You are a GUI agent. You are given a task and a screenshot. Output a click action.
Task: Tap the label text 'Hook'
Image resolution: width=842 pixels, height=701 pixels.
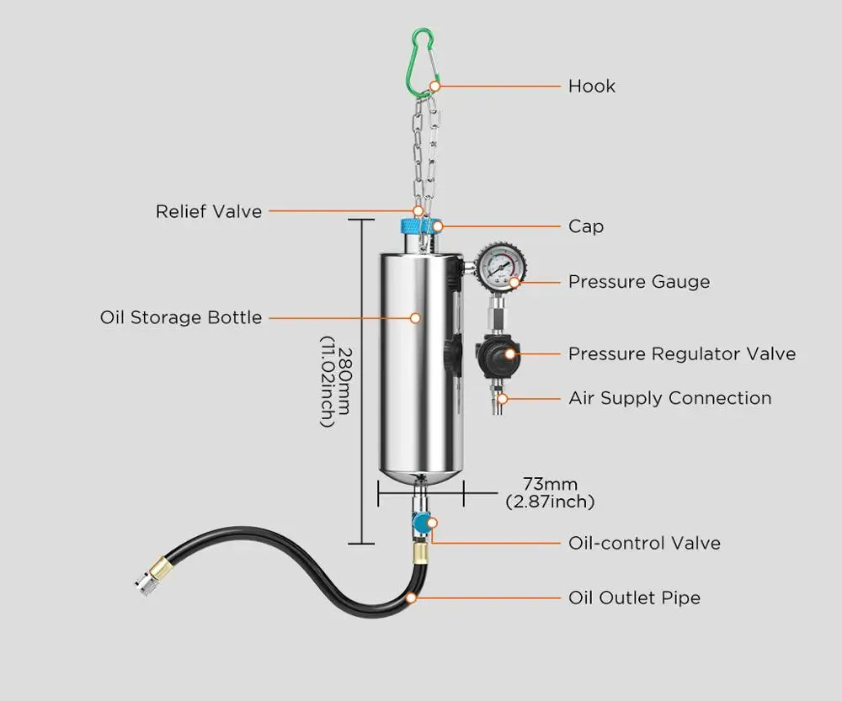(591, 86)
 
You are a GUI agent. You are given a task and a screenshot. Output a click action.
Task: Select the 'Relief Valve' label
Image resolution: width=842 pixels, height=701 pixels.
(209, 211)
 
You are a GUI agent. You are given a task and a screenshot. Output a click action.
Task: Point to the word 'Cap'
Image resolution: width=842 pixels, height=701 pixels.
(585, 226)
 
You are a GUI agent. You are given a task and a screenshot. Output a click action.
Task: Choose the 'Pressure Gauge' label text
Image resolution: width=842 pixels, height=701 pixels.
(638, 282)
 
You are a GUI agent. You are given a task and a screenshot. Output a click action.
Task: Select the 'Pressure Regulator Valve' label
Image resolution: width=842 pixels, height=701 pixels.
(681, 353)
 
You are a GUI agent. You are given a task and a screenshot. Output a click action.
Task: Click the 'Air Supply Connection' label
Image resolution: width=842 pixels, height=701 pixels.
(669, 398)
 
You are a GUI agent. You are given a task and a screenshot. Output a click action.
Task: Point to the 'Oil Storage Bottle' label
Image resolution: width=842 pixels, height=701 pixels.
(181, 317)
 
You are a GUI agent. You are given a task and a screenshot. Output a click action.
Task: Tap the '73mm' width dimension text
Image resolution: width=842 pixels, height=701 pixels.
(550, 484)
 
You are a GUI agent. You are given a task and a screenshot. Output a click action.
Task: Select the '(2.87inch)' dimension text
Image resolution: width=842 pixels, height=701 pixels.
(550, 502)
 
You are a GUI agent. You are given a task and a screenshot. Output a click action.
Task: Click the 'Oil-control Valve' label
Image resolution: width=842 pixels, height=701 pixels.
(644, 543)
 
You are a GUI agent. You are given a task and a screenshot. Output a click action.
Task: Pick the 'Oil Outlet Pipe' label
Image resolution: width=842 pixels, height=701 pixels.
(634, 598)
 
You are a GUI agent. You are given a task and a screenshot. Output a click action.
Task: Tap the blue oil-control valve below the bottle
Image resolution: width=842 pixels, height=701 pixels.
(419, 523)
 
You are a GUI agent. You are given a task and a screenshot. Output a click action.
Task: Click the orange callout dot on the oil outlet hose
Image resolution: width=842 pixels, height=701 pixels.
(411, 598)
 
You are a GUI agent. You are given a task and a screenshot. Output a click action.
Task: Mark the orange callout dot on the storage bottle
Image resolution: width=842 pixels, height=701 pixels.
(415, 318)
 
